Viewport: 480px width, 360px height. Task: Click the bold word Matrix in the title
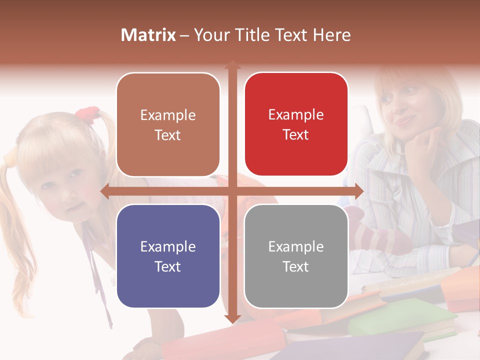coord(148,35)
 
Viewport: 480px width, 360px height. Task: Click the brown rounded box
coord(168,125)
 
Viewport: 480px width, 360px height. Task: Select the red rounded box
coord(296,124)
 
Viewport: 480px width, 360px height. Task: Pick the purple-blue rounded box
coord(168,256)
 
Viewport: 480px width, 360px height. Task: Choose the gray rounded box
coord(296,256)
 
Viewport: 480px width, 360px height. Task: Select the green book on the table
coord(400,317)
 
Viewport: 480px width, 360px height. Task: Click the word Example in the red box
coord(296,115)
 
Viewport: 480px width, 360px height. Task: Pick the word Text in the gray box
coord(296,266)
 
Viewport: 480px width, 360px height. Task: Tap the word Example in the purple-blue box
coord(168,246)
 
